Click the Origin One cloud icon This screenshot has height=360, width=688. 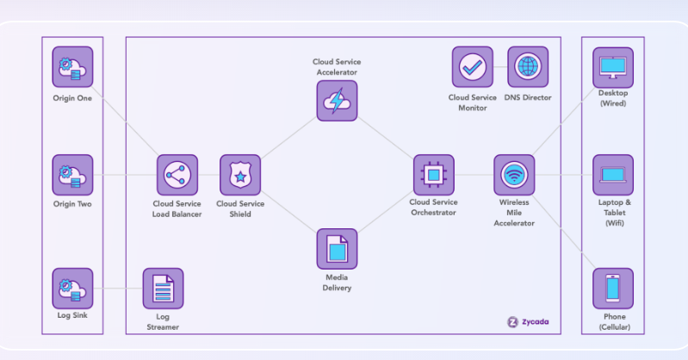72,67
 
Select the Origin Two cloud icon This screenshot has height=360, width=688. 72,175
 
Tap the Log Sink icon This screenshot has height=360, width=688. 72,289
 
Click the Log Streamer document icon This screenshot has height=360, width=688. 163,289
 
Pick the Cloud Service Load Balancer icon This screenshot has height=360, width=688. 177,175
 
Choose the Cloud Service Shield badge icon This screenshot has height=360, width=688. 240,175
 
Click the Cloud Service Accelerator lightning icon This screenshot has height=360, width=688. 337,101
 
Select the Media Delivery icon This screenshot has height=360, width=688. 337,249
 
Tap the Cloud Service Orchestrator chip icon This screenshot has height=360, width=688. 433,175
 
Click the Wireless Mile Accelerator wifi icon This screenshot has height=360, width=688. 514,175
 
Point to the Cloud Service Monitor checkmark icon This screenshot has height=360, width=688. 473,67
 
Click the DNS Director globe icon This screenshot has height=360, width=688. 527,67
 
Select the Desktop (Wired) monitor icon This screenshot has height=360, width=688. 612,67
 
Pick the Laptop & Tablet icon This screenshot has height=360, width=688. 612,175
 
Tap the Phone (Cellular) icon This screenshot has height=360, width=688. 612,289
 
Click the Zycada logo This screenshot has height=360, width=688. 527,322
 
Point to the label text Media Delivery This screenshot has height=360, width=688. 337,282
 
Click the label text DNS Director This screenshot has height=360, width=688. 527,97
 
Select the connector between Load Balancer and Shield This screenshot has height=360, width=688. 208,175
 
